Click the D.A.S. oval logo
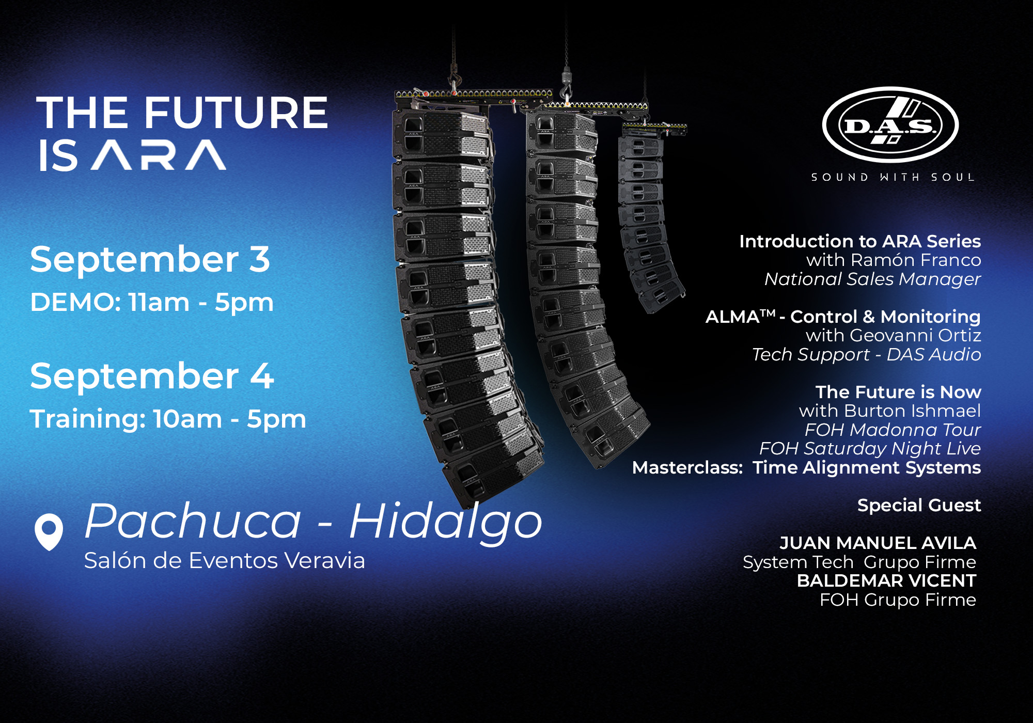(x=890, y=125)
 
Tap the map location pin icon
(x=49, y=531)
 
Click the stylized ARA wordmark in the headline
(x=159, y=155)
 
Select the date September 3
(x=150, y=259)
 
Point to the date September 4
(x=152, y=376)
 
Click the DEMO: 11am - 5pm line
(x=152, y=302)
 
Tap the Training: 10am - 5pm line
(x=168, y=419)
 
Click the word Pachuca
(x=193, y=522)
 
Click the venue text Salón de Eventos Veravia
(x=225, y=561)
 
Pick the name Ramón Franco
(x=916, y=260)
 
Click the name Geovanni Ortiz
(x=915, y=336)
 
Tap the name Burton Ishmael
(x=912, y=411)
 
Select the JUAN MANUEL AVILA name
(x=878, y=543)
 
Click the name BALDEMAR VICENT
(x=886, y=581)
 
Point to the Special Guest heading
(x=919, y=505)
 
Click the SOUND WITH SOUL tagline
(x=892, y=177)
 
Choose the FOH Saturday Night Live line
(x=870, y=448)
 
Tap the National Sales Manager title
(x=872, y=279)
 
